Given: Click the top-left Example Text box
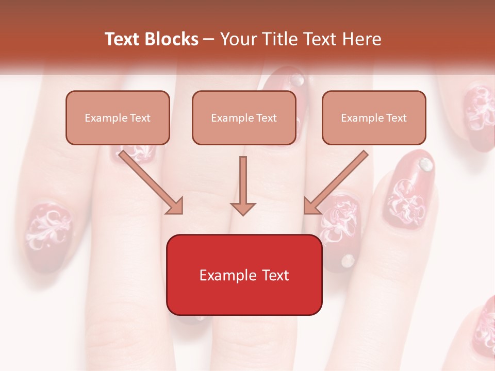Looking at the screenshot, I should (x=118, y=117).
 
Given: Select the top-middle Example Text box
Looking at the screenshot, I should (x=244, y=117).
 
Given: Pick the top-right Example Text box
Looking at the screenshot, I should (x=374, y=117).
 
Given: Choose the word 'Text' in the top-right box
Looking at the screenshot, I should (x=396, y=118).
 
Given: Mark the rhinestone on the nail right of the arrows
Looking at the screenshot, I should (x=425, y=164).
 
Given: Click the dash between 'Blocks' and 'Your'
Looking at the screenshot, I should (x=209, y=39).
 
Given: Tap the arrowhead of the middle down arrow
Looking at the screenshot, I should (x=243, y=208).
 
